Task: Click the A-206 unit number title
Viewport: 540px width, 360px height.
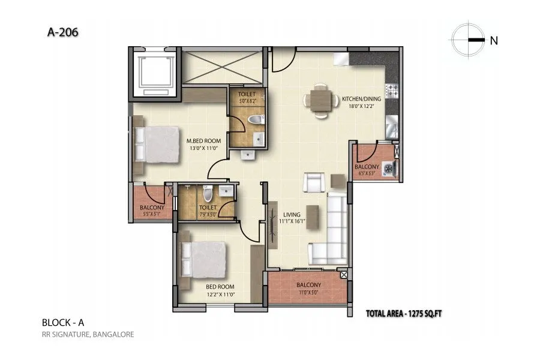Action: tap(62, 32)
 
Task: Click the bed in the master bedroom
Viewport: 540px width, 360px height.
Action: tap(157, 144)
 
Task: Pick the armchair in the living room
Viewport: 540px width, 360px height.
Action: tap(314, 182)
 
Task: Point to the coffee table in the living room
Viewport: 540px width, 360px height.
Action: tap(312, 214)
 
